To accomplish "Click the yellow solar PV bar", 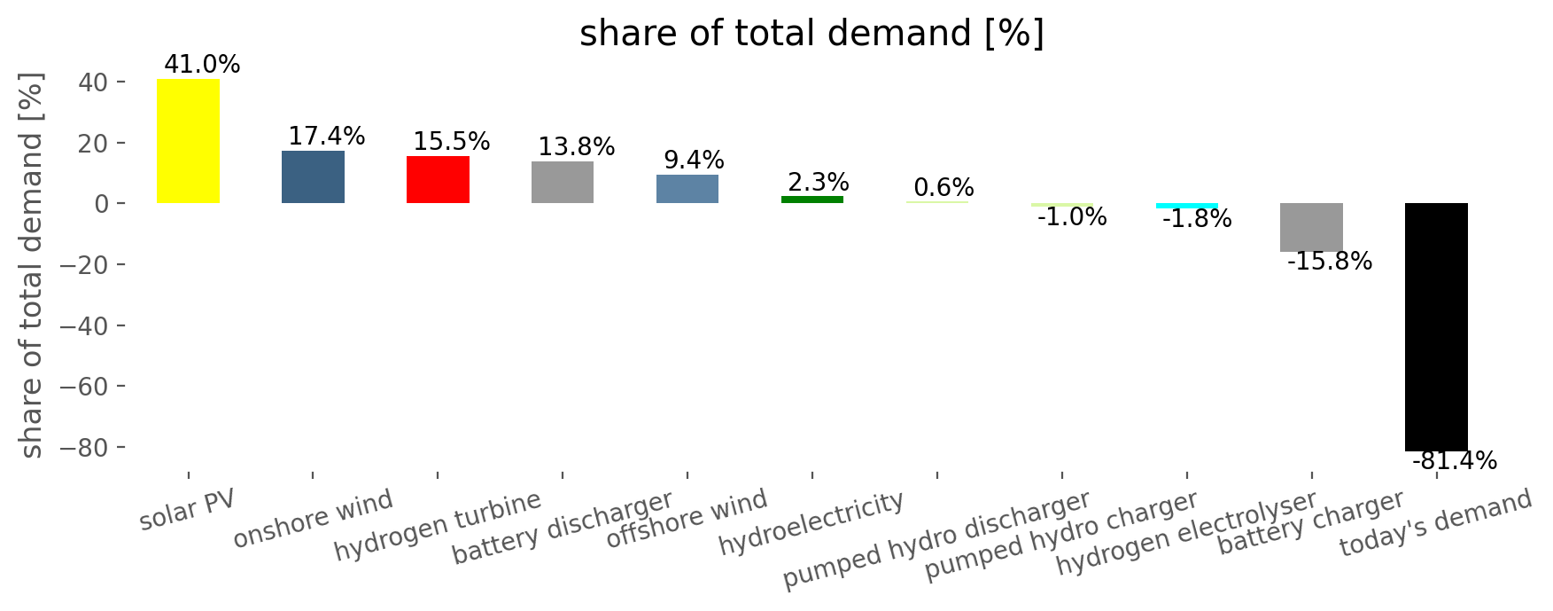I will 188,141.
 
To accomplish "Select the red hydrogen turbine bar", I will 438,180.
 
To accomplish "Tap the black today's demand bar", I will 1436,327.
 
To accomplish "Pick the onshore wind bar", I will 313,177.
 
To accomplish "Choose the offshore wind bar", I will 687,189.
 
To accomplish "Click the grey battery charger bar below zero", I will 1311,227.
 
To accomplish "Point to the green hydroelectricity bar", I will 812,200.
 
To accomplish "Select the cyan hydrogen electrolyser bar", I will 1187,206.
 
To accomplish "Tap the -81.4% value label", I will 1454,461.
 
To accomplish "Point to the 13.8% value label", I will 577,147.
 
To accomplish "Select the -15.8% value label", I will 1330,262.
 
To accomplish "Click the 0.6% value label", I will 943,188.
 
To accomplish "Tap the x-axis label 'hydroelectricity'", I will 811,523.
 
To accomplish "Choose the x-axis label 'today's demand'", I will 1435,523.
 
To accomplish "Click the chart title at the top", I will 811,34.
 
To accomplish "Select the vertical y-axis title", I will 31,266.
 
